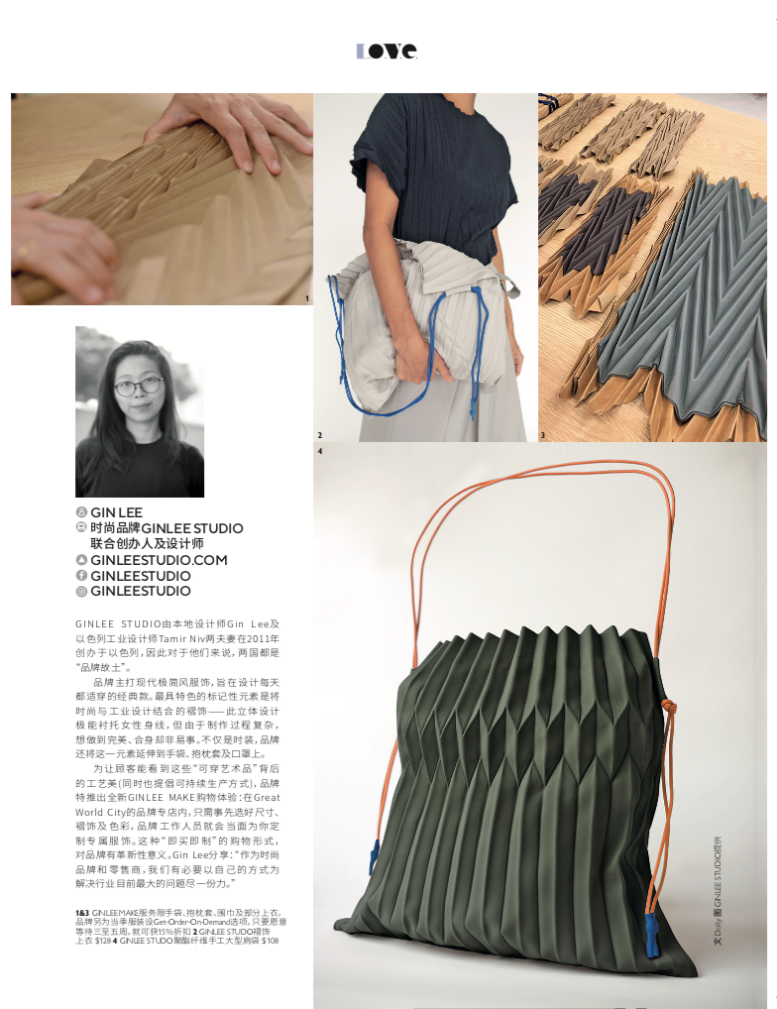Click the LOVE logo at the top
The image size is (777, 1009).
388,51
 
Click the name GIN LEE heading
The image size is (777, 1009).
116,512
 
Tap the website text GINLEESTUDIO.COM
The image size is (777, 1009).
159,560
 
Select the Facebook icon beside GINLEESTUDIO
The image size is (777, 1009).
81,576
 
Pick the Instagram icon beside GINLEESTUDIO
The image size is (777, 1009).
81,592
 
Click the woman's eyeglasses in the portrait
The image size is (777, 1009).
138,386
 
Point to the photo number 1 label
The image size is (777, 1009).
308,298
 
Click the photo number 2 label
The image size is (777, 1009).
320,435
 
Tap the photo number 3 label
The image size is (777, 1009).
542,435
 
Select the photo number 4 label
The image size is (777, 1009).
320,452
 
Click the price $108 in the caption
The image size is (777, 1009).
270,941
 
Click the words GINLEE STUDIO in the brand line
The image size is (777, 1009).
192,528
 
